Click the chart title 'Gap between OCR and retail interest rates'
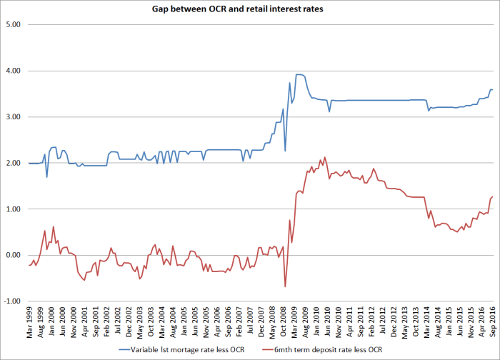249,9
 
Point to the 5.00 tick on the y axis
13,25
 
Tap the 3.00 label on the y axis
13,117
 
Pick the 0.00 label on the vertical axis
13,255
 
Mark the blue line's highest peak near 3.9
299,74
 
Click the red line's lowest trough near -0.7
285,286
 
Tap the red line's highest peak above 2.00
325,157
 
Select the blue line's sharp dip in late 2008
285,151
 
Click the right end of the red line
492,196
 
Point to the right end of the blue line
492,89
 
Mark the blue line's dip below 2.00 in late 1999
47,176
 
